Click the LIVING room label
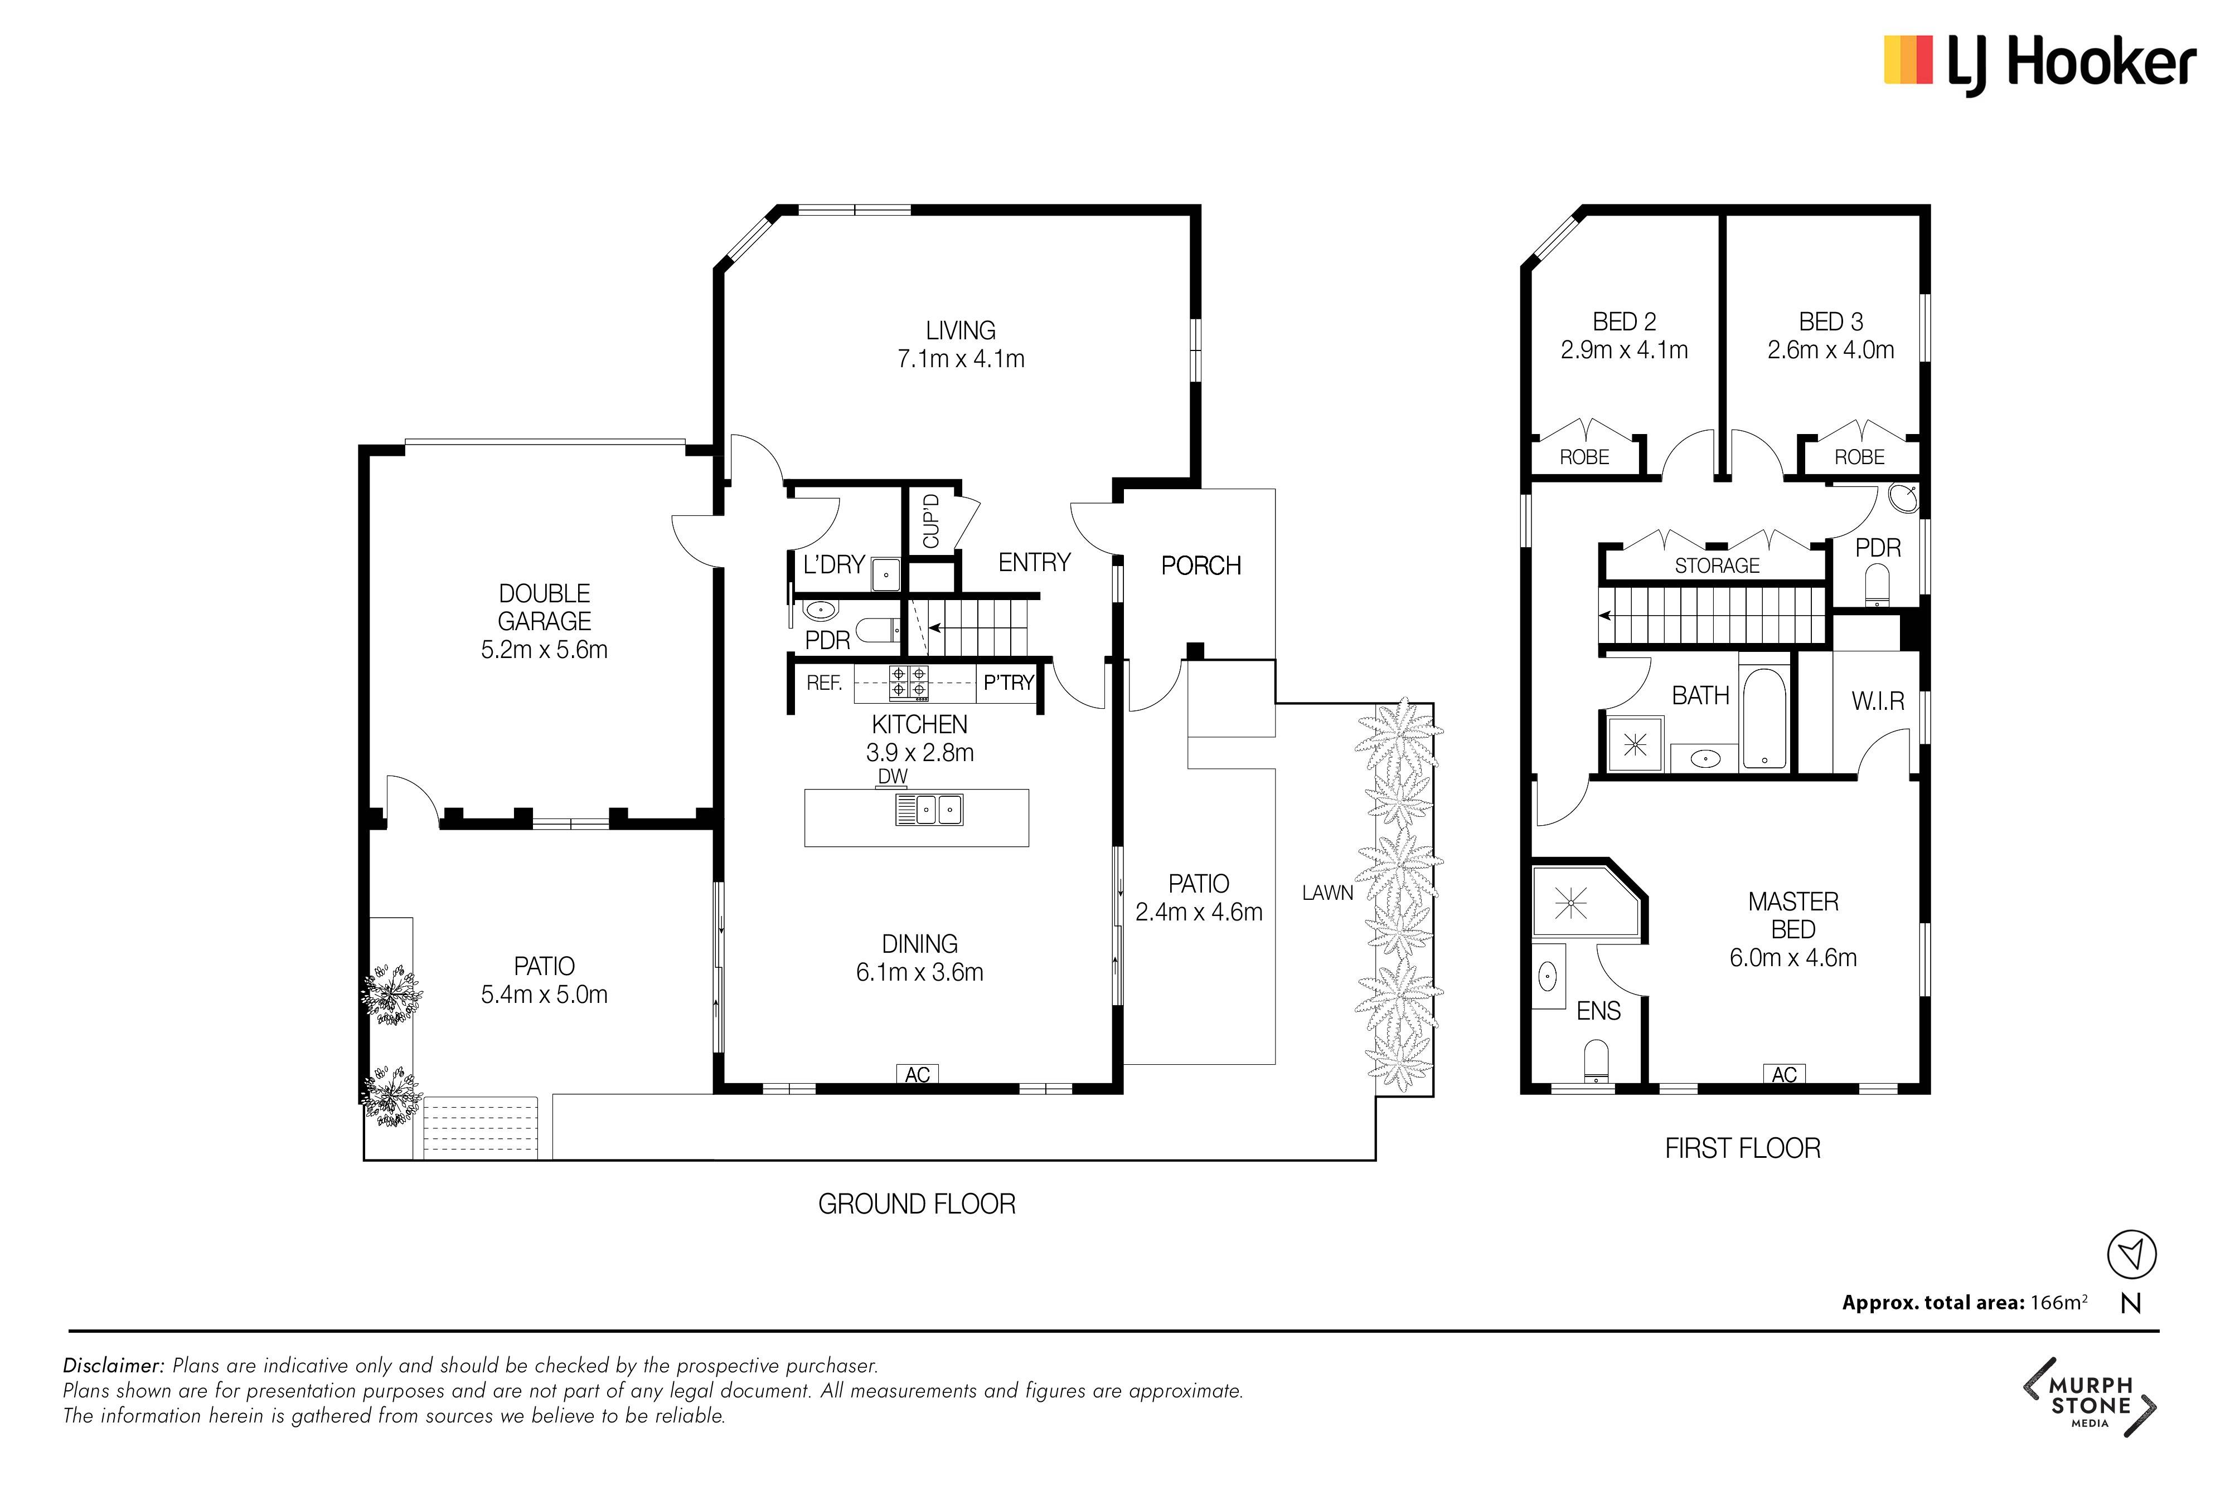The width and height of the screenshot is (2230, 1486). [x=961, y=331]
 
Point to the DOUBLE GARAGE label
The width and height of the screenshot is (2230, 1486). [x=544, y=607]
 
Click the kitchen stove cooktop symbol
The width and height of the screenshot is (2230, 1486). [x=908, y=683]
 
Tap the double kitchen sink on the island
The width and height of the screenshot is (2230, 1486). [x=929, y=810]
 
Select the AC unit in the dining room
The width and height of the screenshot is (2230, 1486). [x=917, y=1074]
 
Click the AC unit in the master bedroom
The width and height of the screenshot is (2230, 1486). [x=1785, y=1074]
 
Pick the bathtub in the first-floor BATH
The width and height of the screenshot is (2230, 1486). [x=1764, y=718]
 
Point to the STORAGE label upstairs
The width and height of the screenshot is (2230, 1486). [x=1717, y=566]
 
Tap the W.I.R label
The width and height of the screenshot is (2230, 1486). [x=1878, y=701]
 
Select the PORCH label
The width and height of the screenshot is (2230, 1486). [x=1201, y=566]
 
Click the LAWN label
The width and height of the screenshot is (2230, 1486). [x=1327, y=893]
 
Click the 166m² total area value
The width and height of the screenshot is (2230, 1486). [x=2058, y=1302]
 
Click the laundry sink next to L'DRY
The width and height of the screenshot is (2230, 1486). [x=885, y=573]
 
